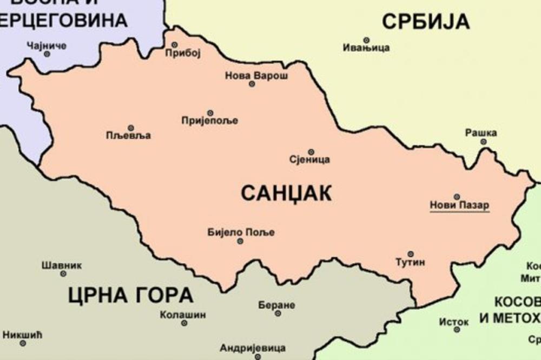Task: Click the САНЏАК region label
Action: (286, 193)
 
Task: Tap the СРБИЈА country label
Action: (425, 22)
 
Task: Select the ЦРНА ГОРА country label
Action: (130, 296)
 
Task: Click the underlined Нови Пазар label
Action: (459, 205)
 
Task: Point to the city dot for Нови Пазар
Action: (457, 197)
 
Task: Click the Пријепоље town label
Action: (209, 121)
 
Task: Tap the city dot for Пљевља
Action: (130, 128)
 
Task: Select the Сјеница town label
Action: (310, 159)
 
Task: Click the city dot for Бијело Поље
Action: (240, 241)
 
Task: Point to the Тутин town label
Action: (411, 262)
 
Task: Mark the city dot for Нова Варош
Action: (252, 84)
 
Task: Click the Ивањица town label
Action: (366, 48)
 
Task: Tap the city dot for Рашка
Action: (483, 142)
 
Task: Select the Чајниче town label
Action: (47, 45)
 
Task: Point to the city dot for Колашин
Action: (184, 323)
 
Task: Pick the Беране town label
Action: (277, 305)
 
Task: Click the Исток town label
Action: (453, 322)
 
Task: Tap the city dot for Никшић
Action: (23, 343)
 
